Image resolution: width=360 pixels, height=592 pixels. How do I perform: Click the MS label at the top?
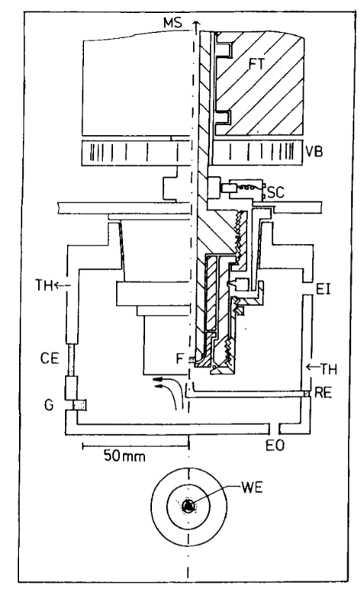[172, 23]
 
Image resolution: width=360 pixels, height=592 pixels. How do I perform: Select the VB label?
[314, 152]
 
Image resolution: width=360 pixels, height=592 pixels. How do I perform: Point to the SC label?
[275, 192]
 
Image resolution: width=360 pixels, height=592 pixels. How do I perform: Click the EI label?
[323, 290]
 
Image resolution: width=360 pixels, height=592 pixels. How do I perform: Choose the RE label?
[323, 393]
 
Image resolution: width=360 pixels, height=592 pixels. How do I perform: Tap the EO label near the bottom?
[275, 446]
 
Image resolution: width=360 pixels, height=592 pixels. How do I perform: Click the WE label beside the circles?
[252, 487]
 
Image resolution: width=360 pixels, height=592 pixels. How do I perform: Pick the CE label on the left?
[50, 359]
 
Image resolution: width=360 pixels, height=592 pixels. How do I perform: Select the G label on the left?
[49, 405]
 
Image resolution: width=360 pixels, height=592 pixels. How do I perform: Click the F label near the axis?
[180, 359]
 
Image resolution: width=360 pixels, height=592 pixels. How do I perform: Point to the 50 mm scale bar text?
[124, 456]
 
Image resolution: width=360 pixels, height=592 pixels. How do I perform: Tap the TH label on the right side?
[329, 369]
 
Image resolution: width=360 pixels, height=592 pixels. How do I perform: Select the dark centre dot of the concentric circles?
[188, 506]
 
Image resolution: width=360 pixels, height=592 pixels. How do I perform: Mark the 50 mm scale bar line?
[136, 446]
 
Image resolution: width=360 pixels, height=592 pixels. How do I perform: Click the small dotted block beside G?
[80, 405]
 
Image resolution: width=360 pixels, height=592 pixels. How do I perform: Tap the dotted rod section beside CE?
[72, 360]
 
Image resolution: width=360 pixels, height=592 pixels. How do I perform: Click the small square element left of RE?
[307, 394]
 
